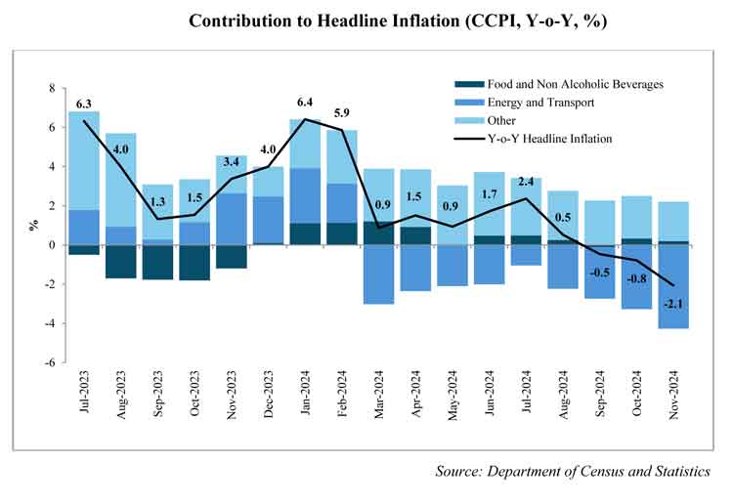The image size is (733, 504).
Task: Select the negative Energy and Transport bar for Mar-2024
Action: (378, 274)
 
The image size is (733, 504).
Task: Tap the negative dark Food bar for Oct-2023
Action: (194, 263)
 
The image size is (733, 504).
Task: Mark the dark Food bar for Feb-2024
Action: (341, 233)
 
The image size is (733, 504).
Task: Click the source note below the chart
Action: (573, 472)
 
